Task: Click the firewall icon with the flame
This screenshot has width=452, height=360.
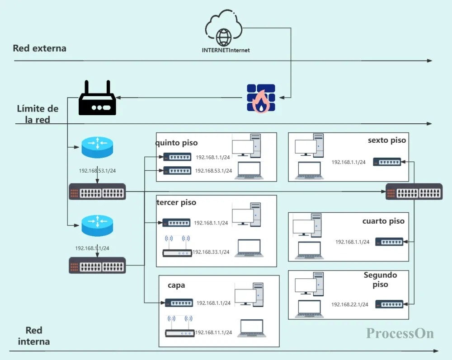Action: pos(261,98)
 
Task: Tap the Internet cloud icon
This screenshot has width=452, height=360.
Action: pos(224,28)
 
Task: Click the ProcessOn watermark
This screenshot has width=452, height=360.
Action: pos(400,333)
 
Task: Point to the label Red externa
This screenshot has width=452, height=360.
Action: pos(39,48)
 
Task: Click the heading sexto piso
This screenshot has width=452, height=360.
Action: pos(387,140)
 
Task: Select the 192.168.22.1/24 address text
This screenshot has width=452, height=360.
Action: pos(350,304)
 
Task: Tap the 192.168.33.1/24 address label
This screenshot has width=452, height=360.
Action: pos(211,252)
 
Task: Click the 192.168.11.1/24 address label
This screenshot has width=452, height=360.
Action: pos(214,332)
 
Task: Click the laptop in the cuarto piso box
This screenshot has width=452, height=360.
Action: pos(309,250)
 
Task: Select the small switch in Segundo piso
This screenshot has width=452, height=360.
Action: pos(389,304)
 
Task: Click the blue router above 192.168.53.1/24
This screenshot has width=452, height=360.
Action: pos(98,147)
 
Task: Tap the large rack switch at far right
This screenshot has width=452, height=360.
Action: pos(414,192)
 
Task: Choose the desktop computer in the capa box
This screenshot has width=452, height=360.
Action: pos(249,295)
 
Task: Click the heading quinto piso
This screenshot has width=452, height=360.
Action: pos(176,143)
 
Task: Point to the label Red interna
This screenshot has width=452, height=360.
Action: pos(34,336)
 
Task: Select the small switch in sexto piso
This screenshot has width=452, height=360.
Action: pos(387,162)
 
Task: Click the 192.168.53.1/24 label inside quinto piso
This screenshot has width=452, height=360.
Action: pos(214,171)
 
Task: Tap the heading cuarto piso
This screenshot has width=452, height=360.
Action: pos(383,221)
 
